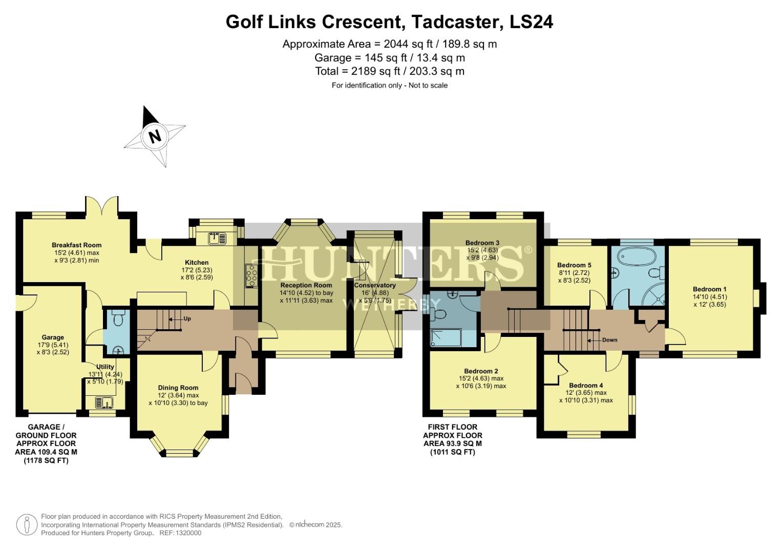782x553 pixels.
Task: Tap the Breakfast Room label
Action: (x=76, y=245)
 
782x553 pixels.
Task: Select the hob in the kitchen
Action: (x=251, y=276)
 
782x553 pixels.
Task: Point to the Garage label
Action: (x=53, y=337)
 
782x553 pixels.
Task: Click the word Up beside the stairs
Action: (x=187, y=318)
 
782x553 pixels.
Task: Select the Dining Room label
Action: (x=178, y=388)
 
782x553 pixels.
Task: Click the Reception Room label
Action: (x=306, y=285)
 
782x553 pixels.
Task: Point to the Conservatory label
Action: (x=375, y=285)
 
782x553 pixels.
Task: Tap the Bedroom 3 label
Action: (x=482, y=243)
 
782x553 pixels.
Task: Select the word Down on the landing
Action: (x=609, y=340)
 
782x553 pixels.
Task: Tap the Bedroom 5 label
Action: (x=574, y=265)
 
